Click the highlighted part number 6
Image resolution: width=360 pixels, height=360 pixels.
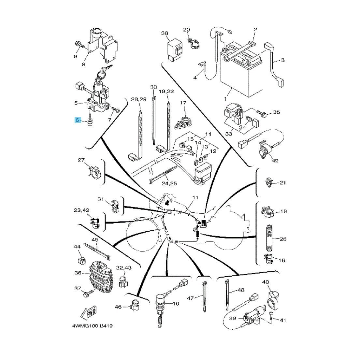click(77, 120)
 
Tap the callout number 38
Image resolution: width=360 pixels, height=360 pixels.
click(165, 33)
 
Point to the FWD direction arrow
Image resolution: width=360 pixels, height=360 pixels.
click(88, 314)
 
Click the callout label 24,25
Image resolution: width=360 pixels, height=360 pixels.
click(169, 183)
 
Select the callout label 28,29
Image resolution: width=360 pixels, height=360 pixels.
click(138, 99)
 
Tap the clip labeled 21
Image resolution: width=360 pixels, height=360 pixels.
click(269, 182)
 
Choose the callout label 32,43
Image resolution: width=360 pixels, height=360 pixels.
click(123, 267)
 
